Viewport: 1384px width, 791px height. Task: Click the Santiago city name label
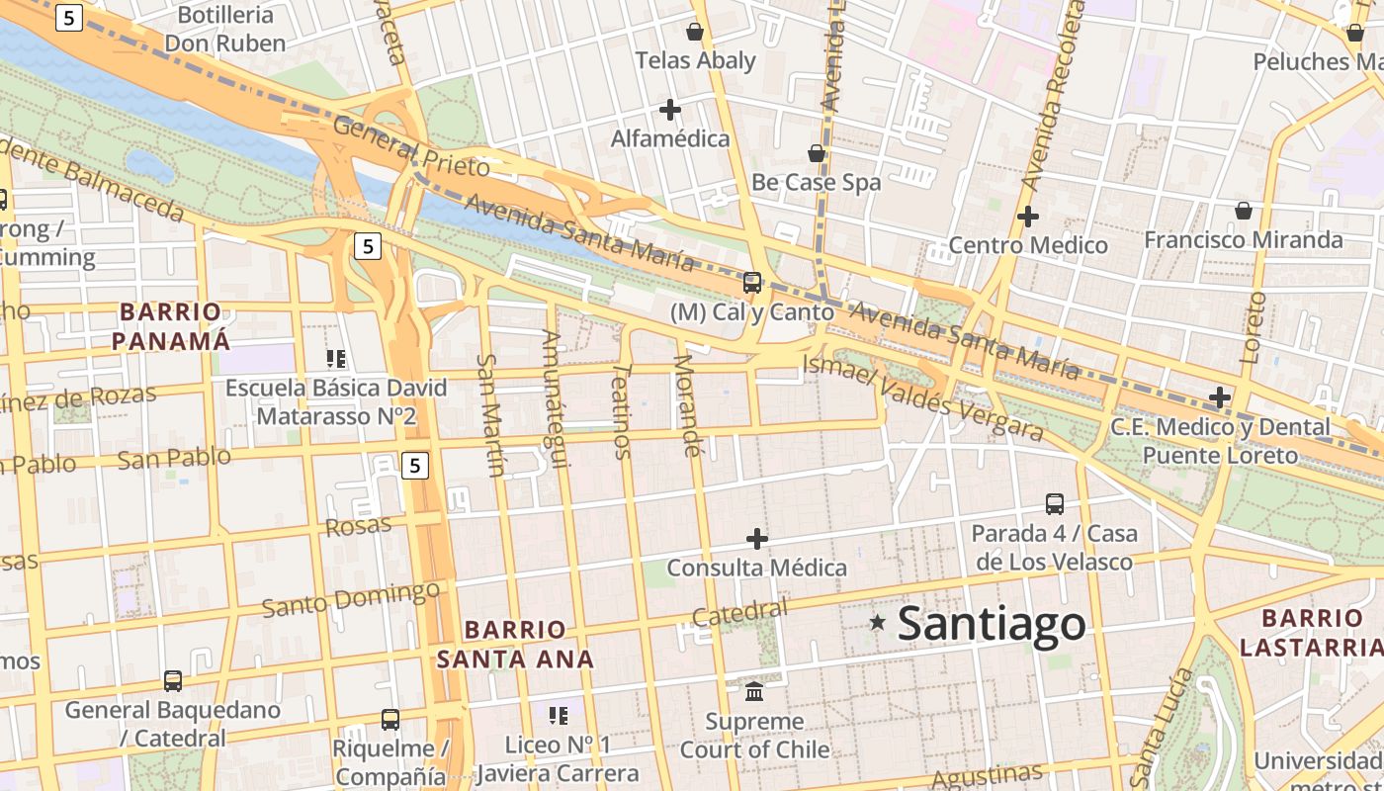pyautogui.click(x=991, y=624)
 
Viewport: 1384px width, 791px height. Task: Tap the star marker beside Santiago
pyautogui.click(x=877, y=622)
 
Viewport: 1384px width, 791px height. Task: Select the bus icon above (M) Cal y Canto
pyautogui.click(x=752, y=283)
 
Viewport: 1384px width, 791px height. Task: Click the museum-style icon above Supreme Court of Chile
pyautogui.click(x=754, y=690)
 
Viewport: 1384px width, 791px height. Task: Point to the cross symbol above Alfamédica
pyautogui.click(x=670, y=110)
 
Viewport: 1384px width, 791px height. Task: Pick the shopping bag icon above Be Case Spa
pyautogui.click(x=817, y=153)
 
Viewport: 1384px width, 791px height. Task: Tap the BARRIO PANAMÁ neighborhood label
pyautogui.click(x=170, y=326)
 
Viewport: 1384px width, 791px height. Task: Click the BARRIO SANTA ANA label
pyautogui.click(x=515, y=644)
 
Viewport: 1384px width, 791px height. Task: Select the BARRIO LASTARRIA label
pyautogui.click(x=1312, y=633)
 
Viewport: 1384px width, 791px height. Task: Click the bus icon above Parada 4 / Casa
pyautogui.click(x=1055, y=504)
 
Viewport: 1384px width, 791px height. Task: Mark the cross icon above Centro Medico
pyautogui.click(x=1028, y=216)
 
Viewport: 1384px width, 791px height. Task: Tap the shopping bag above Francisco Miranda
pyautogui.click(x=1244, y=211)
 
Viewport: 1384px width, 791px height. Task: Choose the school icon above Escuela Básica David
pyautogui.click(x=336, y=359)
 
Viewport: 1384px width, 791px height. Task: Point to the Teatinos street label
pyautogui.click(x=621, y=410)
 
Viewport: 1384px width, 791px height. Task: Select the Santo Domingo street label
pyautogui.click(x=351, y=598)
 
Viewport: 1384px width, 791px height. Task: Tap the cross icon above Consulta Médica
pyautogui.click(x=757, y=539)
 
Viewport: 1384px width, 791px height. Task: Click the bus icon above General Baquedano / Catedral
pyautogui.click(x=173, y=680)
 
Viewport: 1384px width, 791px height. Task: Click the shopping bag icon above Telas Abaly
pyautogui.click(x=695, y=32)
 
